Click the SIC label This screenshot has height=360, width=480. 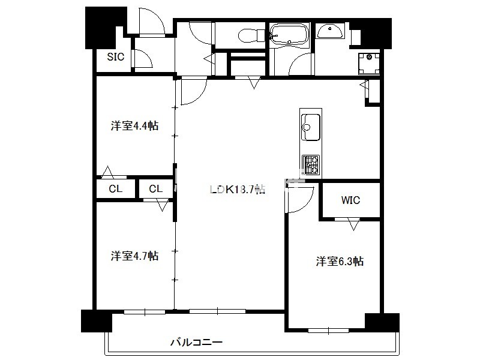[115, 56]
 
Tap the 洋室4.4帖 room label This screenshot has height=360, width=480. [134, 126]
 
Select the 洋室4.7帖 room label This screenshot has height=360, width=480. [134, 256]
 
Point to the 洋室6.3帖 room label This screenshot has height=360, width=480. [340, 262]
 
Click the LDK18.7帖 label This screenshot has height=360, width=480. [237, 190]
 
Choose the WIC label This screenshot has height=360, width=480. [350, 200]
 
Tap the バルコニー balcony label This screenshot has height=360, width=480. [196, 342]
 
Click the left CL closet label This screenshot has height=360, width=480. [115, 189]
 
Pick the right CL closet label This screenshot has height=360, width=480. [155, 189]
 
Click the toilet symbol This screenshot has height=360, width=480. [251, 35]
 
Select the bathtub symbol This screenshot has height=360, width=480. [289, 35]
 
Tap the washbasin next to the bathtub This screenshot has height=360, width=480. [329, 31]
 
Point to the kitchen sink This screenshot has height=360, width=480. [311, 127]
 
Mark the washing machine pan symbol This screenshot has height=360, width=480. [369, 64]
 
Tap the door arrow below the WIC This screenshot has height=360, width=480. [353, 224]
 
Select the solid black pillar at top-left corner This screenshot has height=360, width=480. [106, 28]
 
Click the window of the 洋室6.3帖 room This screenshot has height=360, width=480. [328, 331]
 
